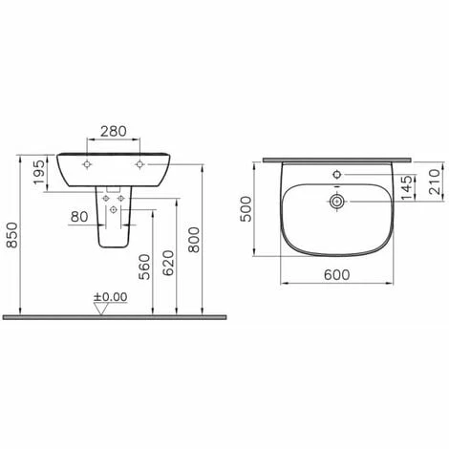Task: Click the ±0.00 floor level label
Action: click(111, 297)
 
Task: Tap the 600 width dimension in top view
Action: click(336, 273)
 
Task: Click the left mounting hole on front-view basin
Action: click(89, 165)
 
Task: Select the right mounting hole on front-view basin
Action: click(140, 165)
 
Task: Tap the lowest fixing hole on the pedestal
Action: click(115, 208)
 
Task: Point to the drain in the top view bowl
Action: click(337, 202)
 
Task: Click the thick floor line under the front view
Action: click(115, 314)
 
